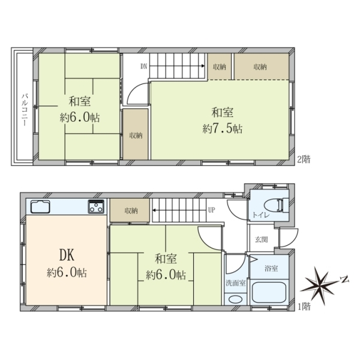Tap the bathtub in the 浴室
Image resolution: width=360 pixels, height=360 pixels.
point(269,292)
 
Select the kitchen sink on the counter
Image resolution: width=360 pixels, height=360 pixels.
point(40,206)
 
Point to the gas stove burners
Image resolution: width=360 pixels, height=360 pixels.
point(96,206)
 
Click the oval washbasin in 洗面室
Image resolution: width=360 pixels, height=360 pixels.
point(236,299)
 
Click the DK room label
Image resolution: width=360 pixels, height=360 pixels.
point(67,255)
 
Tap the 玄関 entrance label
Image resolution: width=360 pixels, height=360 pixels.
point(261,239)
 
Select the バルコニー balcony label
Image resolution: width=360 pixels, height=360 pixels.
point(25,110)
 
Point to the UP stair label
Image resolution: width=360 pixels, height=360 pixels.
point(211,210)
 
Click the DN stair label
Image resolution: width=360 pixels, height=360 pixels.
point(144,67)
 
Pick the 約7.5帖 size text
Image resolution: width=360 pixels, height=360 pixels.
point(222,129)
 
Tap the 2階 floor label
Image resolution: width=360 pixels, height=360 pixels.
point(304,160)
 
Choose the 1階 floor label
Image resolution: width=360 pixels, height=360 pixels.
point(304,307)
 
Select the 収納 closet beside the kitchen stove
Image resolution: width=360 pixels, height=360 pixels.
point(130,211)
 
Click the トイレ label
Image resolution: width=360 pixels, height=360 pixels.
point(261,215)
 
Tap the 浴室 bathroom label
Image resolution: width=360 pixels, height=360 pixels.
point(271,268)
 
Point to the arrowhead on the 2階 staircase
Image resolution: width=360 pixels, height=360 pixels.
point(203,66)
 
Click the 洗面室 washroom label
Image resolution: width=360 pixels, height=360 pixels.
point(236,283)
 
